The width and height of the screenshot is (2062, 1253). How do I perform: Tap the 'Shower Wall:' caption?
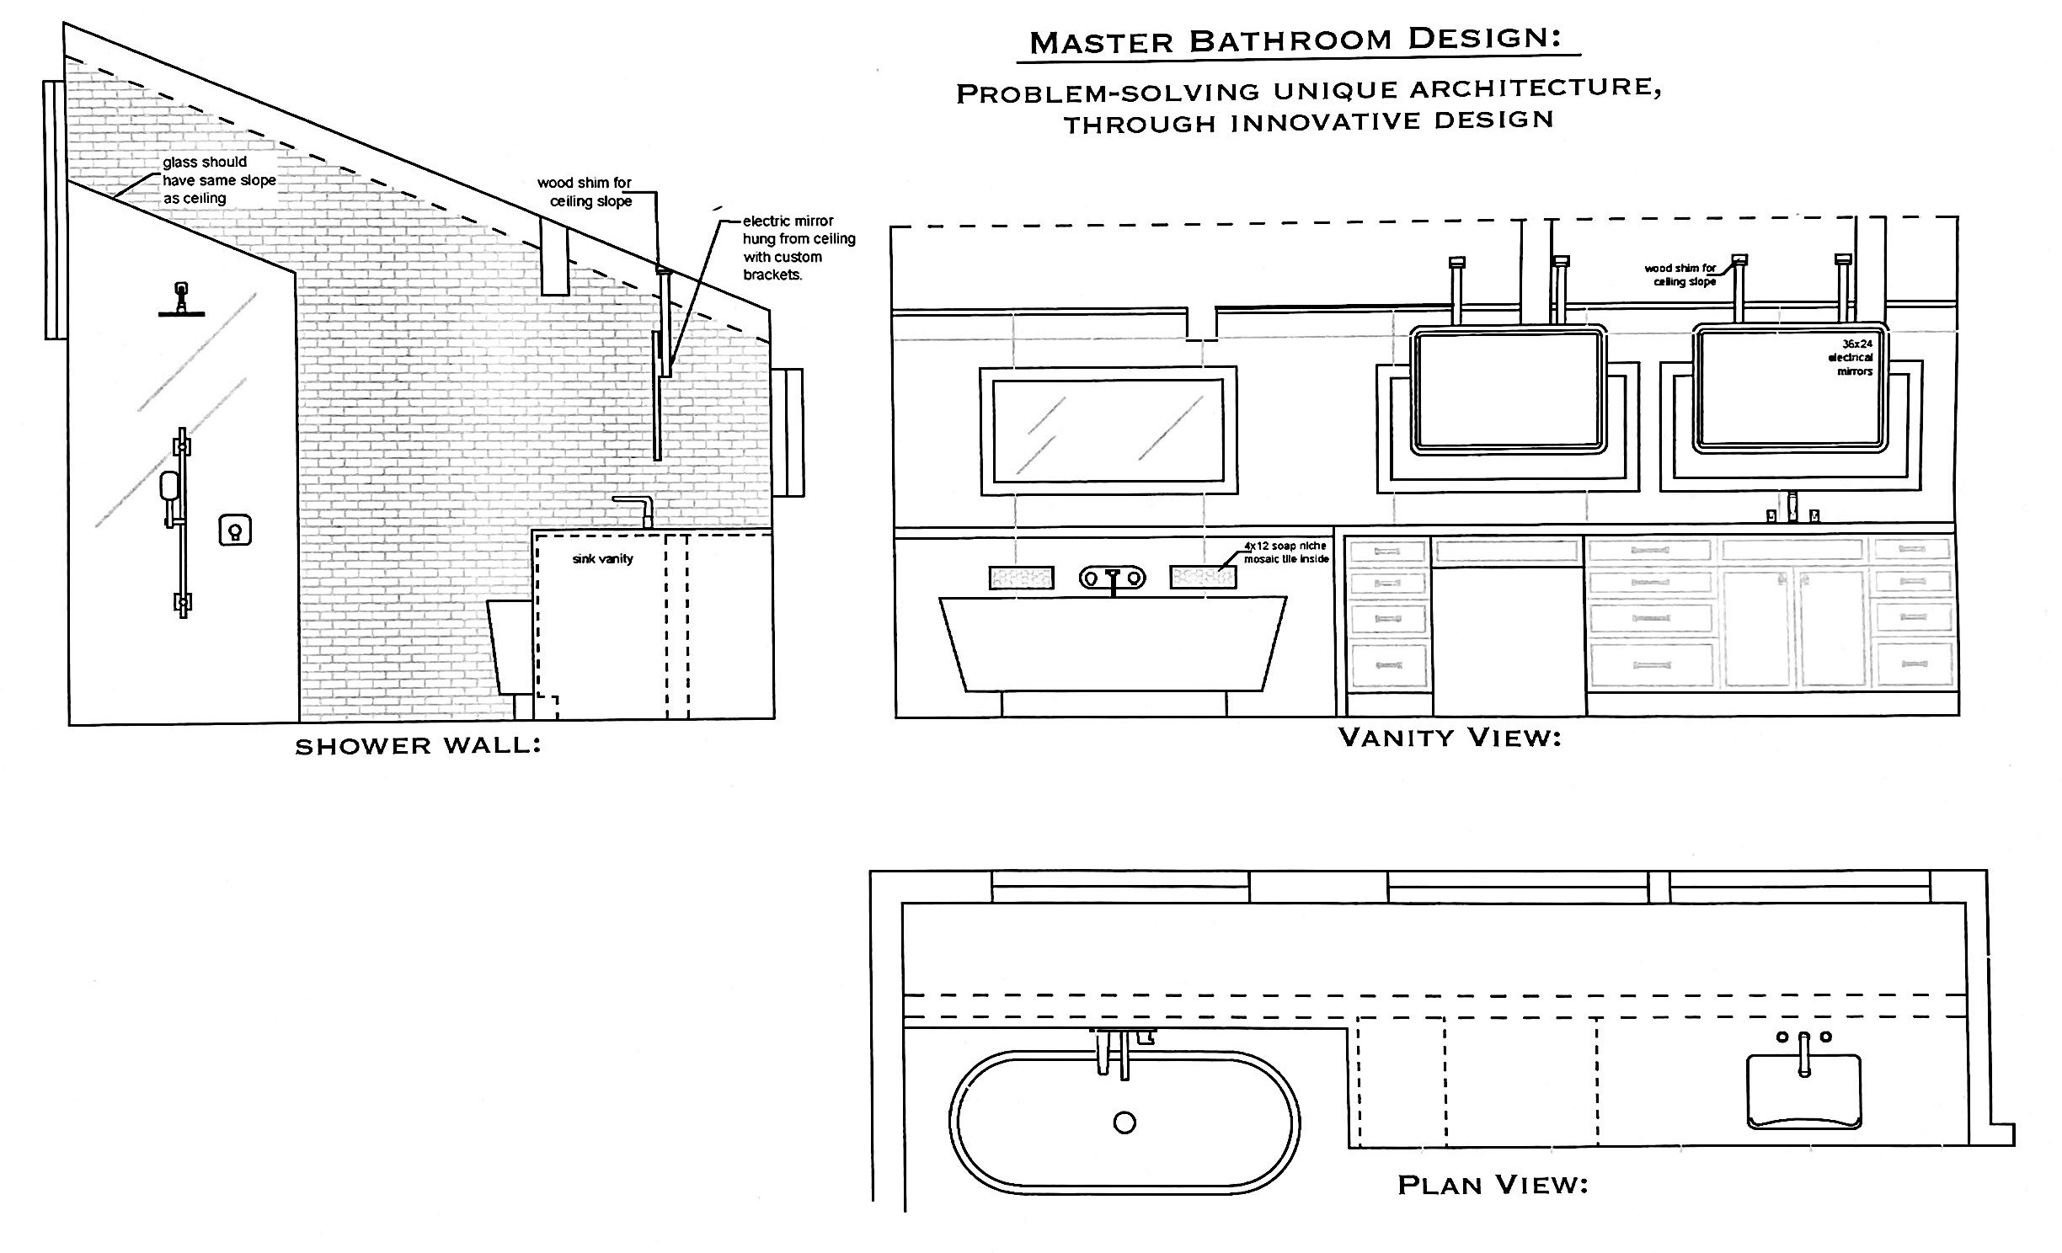point(418,746)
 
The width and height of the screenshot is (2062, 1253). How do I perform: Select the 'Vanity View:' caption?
point(1450,738)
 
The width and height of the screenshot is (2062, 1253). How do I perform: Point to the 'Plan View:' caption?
point(1493,1185)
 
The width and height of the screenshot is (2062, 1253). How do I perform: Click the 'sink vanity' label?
point(602,558)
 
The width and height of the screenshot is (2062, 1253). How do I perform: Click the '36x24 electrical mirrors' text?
point(1850,357)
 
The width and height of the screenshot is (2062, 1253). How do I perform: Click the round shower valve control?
point(235,530)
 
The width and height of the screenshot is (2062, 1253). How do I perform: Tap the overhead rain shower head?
point(182,299)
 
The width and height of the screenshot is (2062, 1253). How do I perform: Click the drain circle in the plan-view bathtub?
point(1124,1122)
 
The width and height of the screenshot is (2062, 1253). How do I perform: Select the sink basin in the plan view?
point(1803,1090)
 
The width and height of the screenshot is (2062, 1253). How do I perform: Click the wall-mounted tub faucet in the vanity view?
point(1113,579)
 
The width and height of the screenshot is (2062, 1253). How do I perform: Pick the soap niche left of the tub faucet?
point(1021,577)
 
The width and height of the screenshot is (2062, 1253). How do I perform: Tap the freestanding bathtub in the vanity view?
point(1113,644)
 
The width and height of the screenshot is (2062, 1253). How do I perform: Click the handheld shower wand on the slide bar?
point(168,487)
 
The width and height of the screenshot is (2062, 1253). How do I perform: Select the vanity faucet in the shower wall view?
point(636,510)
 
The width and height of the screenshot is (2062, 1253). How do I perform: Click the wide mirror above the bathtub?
point(1108,430)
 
